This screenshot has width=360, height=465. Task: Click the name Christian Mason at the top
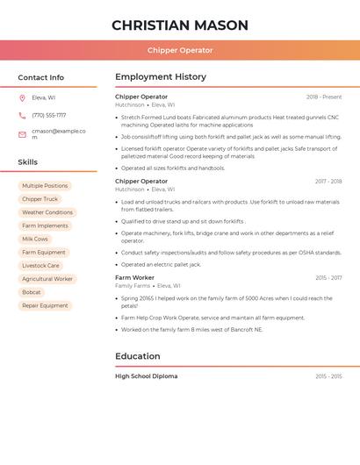(180, 25)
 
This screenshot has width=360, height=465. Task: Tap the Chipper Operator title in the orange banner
(180, 50)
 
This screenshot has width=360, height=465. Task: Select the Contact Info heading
(41, 77)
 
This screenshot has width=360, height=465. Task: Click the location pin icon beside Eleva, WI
(22, 98)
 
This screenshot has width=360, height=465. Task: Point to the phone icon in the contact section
(22, 115)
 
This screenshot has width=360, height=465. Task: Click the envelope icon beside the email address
(22, 134)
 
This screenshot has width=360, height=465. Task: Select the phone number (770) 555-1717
(49, 115)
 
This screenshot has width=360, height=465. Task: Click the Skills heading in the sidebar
(28, 162)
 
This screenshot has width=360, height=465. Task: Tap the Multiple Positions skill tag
(45, 186)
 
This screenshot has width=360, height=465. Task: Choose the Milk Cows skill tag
(35, 239)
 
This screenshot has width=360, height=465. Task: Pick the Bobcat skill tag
(32, 292)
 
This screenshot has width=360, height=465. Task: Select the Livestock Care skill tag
(40, 265)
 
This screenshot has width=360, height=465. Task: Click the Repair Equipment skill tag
(45, 305)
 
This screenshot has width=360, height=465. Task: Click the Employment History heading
(161, 77)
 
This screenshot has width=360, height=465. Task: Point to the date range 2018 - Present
(324, 97)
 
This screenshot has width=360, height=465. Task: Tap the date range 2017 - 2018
(328, 182)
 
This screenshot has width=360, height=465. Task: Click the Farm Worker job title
(134, 277)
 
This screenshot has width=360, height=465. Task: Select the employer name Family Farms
(133, 286)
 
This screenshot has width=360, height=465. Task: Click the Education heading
(138, 356)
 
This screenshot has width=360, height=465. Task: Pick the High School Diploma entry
(147, 376)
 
